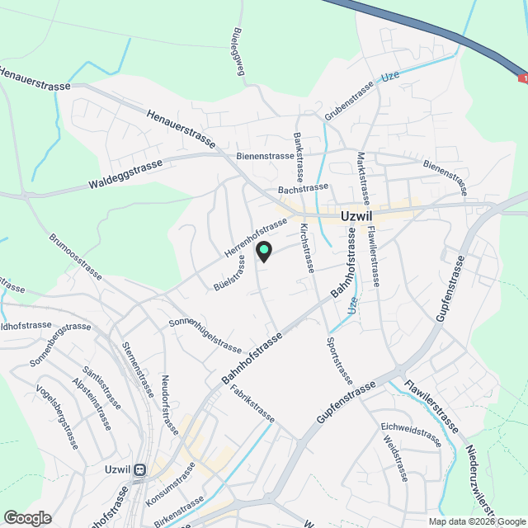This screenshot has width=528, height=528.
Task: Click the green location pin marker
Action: click(263, 251)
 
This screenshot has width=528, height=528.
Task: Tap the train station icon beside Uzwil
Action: click(140, 469)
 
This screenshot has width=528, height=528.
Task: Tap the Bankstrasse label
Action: click(299, 157)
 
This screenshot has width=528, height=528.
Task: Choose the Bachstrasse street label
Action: click(304, 189)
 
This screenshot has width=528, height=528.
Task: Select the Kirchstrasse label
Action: click(307, 247)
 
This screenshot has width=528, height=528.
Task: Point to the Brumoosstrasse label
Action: click(76, 256)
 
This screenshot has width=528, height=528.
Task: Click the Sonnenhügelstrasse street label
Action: click(205, 335)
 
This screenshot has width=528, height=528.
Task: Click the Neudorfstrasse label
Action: click(168, 402)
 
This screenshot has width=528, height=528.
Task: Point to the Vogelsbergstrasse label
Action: click(57, 416)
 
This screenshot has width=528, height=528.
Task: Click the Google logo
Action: click(27, 517)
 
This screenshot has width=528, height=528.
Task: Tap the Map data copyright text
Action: click(477, 521)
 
